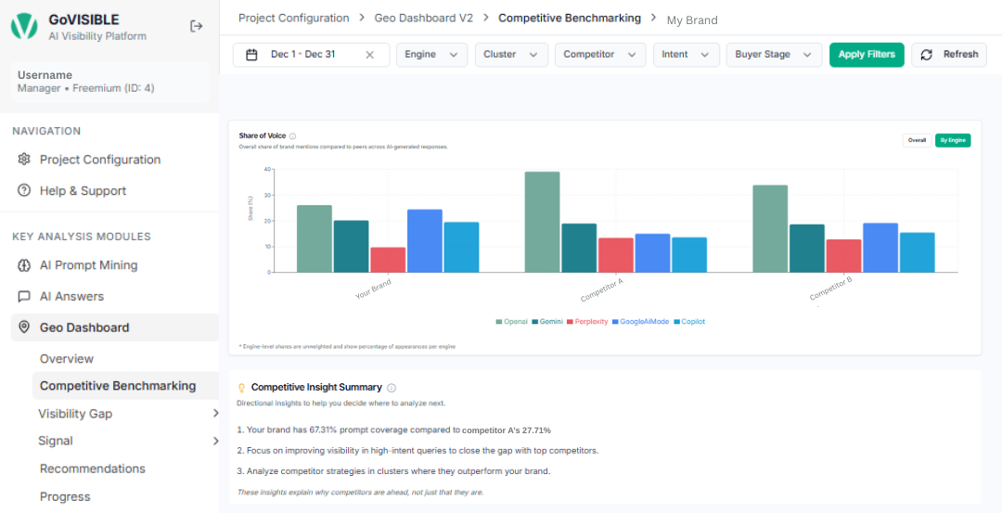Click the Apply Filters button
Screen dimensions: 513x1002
tap(867, 55)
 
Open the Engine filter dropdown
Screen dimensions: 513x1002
tap(431, 55)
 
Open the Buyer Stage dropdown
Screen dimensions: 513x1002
tap(774, 55)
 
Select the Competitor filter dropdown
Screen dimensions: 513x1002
tap(600, 55)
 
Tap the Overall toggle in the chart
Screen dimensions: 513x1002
tap(917, 140)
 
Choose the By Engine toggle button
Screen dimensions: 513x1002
tap(953, 140)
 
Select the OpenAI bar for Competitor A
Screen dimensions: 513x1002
tap(542, 222)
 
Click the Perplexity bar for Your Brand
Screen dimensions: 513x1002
tap(388, 260)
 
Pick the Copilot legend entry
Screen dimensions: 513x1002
tap(689, 322)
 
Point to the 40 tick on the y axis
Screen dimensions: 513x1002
tap(267, 170)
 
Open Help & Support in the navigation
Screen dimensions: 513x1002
tap(83, 191)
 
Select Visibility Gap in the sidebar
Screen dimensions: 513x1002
tap(75, 414)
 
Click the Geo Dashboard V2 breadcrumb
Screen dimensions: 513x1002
tap(423, 18)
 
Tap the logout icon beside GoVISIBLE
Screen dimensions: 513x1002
tap(197, 26)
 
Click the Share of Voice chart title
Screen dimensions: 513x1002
tap(262, 135)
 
